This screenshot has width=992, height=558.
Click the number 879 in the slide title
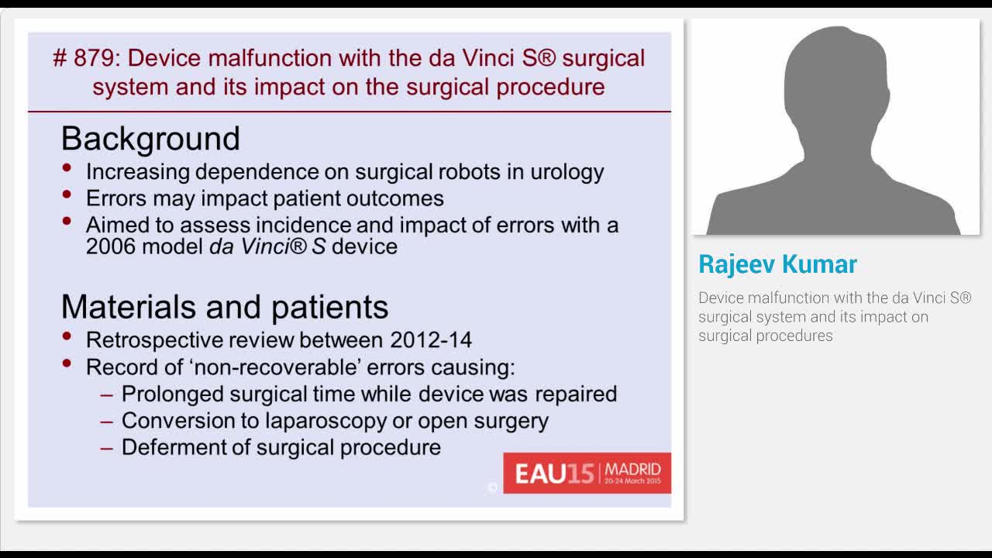pyautogui.click(x=93, y=59)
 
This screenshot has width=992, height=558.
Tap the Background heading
pyautogui.click(x=150, y=139)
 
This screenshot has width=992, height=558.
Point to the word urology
pyautogui.click(x=567, y=171)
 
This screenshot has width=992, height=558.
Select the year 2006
pyautogui.click(x=110, y=246)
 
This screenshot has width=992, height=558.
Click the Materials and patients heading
pyautogui.click(x=225, y=307)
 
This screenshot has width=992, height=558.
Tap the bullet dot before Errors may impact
pyautogui.click(x=68, y=195)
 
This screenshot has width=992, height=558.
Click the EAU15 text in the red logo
pyautogui.click(x=553, y=474)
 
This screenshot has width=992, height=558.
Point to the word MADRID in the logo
pyautogui.click(x=632, y=469)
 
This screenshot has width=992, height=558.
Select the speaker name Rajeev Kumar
pyautogui.click(x=777, y=264)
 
